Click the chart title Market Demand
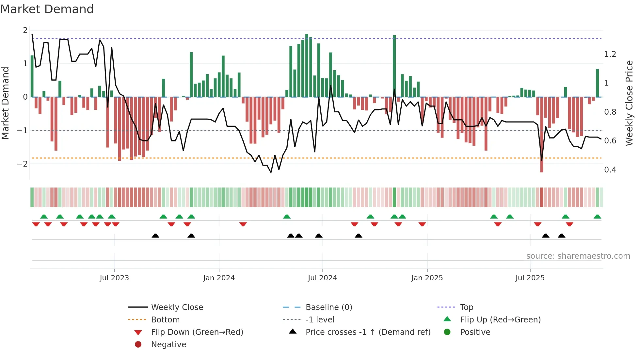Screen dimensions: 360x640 [47, 9]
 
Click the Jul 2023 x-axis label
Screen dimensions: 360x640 [114, 278]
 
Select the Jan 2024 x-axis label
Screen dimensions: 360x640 [219, 278]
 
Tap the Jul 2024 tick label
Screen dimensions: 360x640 [322, 278]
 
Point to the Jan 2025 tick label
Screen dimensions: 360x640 [427, 278]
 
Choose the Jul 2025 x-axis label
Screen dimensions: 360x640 [530, 278]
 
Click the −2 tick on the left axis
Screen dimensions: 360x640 [22, 164]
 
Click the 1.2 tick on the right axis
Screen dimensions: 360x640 [610, 54]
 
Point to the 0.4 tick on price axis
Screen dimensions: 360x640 [610, 170]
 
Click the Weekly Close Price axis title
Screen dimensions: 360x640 [629, 103]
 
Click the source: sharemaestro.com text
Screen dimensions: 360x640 [578, 256]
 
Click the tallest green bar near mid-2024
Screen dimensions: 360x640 [307, 65]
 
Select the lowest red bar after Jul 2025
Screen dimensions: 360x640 [542, 134]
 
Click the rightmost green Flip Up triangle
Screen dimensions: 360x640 [597, 217]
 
